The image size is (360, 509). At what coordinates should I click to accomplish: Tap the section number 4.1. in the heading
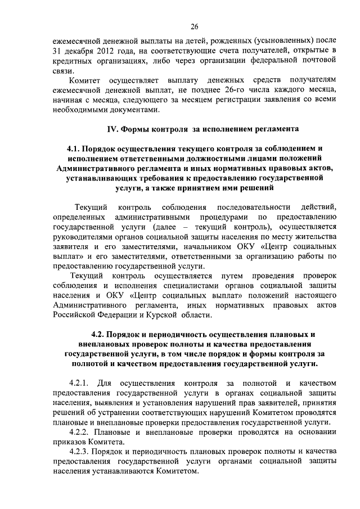(75, 150)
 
